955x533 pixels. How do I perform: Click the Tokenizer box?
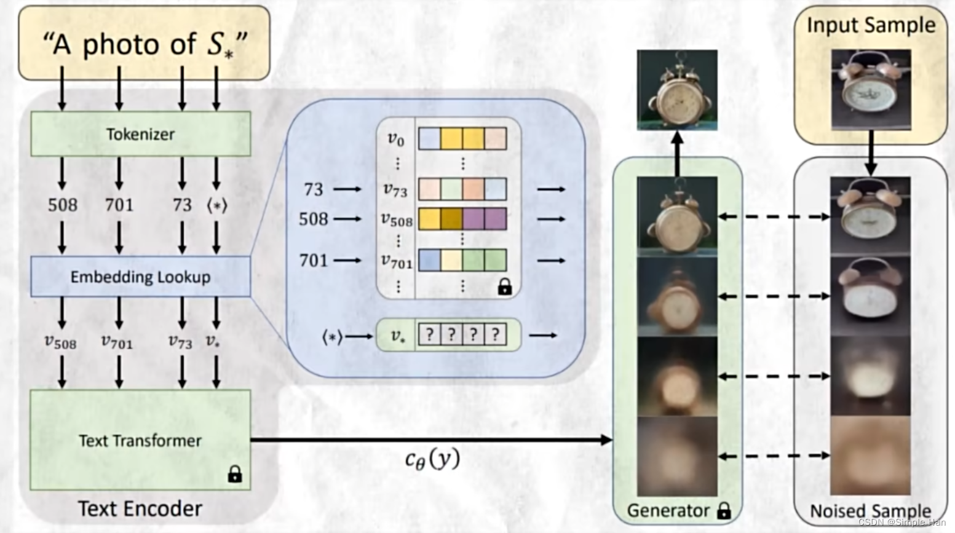click(141, 134)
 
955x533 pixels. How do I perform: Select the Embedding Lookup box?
click(141, 277)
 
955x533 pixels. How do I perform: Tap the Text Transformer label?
click(140, 440)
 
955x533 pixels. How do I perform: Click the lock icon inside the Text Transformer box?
click(234, 474)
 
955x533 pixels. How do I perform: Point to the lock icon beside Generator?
click(724, 510)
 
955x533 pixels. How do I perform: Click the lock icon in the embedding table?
click(505, 286)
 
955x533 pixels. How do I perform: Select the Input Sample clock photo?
click(871, 90)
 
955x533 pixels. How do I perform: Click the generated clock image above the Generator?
click(677, 90)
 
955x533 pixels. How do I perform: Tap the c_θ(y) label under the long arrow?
click(432, 459)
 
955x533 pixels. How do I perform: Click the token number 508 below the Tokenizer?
click(63, 205)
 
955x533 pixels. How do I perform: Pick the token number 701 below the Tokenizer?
click(119, 205)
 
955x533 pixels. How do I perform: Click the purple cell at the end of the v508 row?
click(496, 219)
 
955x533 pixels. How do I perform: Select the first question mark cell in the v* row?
click(430, 335)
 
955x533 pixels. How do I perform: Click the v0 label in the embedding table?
click(396, 139)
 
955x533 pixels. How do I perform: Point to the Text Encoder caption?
click(140, 508)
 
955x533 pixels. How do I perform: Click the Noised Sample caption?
click(870, 511)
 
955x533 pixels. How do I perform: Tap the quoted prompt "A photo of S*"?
click(145, 45)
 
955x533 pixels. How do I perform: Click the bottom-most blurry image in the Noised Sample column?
click(870, 456)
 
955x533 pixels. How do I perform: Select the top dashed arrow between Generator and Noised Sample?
click(774, 216)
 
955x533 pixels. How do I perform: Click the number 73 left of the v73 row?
click(313, 189)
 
